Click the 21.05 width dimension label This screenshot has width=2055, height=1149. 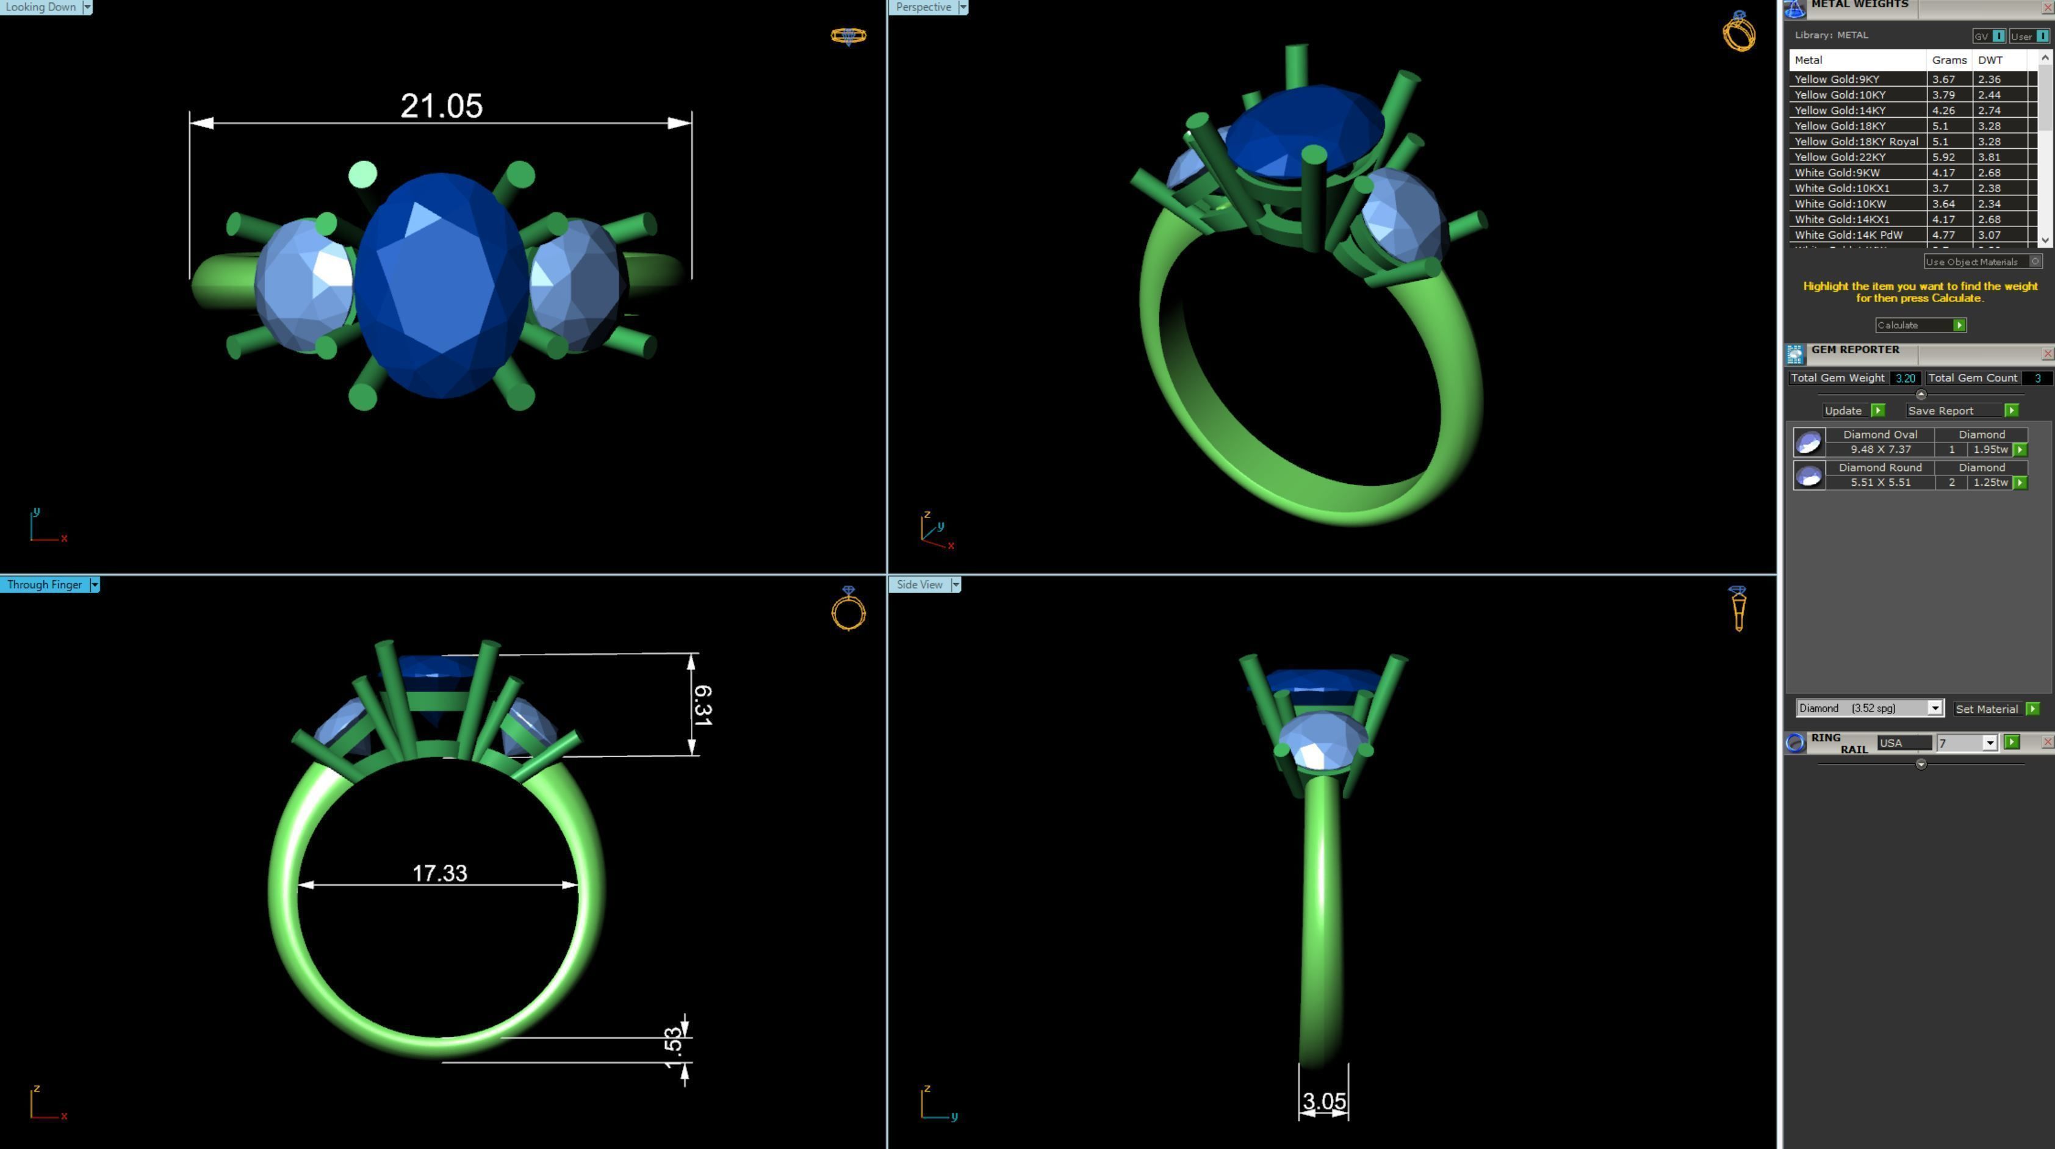coord(441,106)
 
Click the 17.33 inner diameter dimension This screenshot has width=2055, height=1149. coord(439,873)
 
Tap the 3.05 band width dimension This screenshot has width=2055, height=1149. coord(1323,1101)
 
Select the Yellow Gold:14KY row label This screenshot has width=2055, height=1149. coord(1840,110)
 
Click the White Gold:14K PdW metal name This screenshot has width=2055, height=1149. coord(1848,234)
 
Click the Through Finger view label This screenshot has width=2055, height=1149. coord(44,584)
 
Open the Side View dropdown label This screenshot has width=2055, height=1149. coord(919,584)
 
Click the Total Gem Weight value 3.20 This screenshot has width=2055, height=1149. coord(1904,378)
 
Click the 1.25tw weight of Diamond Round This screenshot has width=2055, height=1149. coord(1990,482)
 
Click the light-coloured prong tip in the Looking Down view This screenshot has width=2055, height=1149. coord(363,174)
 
